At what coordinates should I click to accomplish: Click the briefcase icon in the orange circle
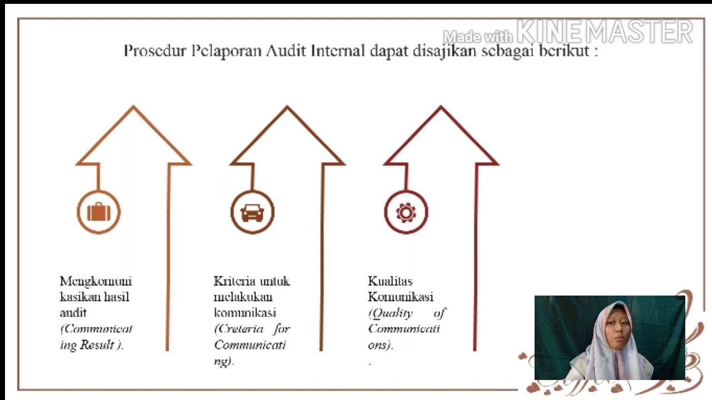(x=98, y=212)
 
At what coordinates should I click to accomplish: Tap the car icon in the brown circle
(x=253, y=212)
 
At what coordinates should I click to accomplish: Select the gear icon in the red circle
(x=406, y=212)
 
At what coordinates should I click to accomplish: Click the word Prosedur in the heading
(x=154, y=51)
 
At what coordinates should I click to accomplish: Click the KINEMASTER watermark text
(x=605, y=32)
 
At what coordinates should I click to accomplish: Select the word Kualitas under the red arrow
(x=390, y=281)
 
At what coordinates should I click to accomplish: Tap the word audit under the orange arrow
(x=73, y=313)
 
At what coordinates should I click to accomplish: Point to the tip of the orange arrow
(x=133, y=107)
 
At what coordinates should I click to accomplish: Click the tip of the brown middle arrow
(x=287, y=107)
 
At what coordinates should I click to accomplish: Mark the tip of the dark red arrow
(x=441, y=107)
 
